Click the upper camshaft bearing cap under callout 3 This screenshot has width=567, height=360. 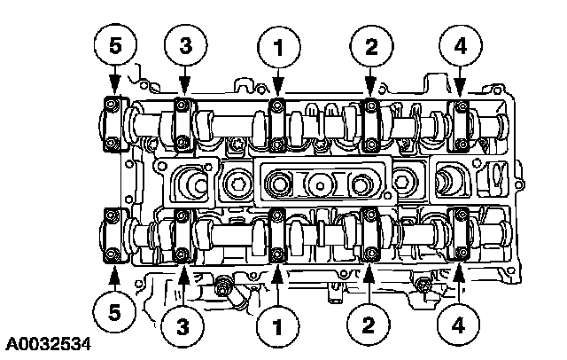[183, 124]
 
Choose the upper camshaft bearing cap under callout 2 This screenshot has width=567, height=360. [370, 124]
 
